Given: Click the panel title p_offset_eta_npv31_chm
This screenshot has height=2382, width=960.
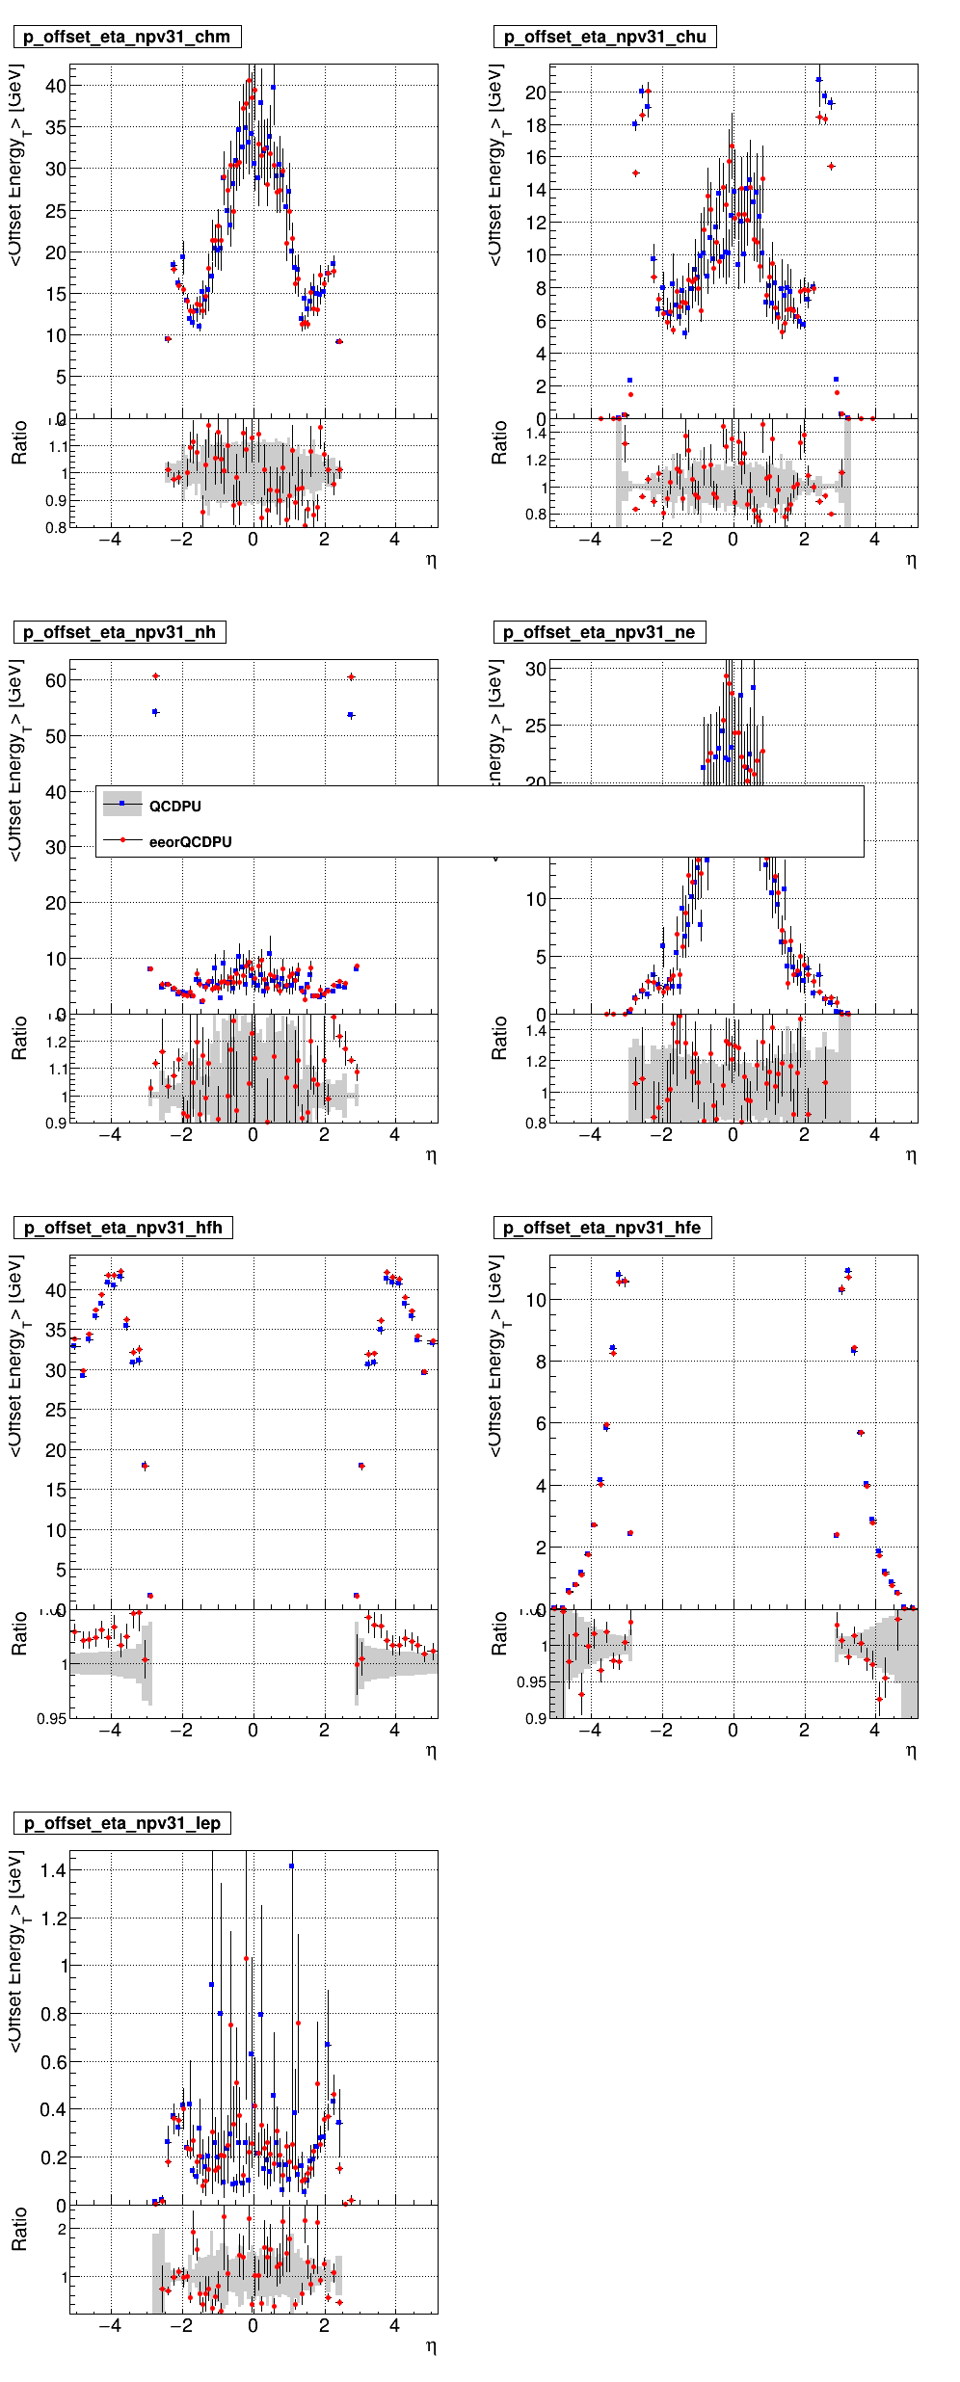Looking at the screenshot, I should click(x=127, y=38).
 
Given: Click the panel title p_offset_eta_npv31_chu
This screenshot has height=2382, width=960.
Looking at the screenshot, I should click(x=605, y=38).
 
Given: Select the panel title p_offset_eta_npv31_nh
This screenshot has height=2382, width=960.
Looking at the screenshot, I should click(x=120, y=633).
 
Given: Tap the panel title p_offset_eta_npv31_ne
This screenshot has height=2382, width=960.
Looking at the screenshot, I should click(x=600, y=633).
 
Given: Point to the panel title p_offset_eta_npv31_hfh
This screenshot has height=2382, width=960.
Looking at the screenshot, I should click(x=123, y=1229).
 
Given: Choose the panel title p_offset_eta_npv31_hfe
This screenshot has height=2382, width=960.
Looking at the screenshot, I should click(x=602, y=1229).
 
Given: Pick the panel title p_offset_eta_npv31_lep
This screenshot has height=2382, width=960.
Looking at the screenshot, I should click(x=122, y=1824).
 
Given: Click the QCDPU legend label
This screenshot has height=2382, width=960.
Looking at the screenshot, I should click(x=175, y=807).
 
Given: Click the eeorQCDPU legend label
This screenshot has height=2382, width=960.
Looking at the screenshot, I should click(x=190, y=842).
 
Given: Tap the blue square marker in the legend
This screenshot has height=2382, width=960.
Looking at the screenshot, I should click(x=122, y=804).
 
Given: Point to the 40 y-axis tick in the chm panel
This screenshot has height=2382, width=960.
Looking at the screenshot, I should click(x=56, y=86).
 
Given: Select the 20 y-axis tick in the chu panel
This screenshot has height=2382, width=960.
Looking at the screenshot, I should click(x=536, y=93).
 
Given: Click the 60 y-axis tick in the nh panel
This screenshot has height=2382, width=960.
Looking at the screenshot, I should click(x=56, y=680).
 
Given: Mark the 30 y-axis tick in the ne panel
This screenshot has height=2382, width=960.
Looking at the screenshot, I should click(x=536, y=669).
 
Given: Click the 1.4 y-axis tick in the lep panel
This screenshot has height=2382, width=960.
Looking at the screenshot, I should click(x=53, y=1871).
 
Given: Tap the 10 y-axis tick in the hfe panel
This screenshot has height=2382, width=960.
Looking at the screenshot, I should click(x=536, y=1300).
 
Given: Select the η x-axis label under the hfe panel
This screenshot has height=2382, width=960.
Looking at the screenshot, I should click(x=911, y=1751).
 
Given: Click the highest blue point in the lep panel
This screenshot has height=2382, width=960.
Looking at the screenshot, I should click(x=291, y=1866).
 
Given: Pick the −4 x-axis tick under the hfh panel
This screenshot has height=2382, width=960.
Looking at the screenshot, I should click(x=111, y=1731).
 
